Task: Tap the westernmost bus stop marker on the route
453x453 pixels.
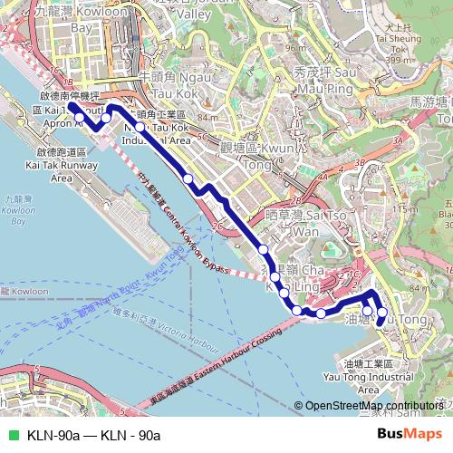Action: [80, 117]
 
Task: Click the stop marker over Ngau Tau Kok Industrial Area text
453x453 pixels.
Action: [139, 128]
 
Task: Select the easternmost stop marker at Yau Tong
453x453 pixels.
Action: [381, 313]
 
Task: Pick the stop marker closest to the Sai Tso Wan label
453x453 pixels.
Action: [264, 248]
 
